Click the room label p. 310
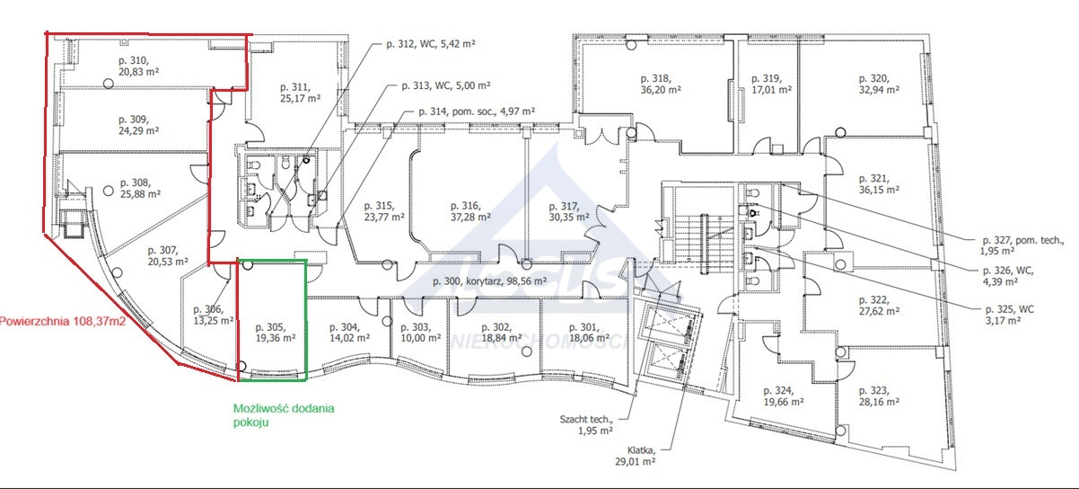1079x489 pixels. [x=134, y=61]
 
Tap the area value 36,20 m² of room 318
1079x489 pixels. [x=661, y=90]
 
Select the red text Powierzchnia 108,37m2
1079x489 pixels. [x=63, y=321]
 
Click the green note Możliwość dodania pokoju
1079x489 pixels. [x=284, y=415]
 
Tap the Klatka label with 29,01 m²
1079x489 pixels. [x=635, y=456]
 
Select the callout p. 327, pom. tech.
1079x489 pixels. [x=1023, y=240]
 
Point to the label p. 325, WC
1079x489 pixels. [x=1010, y=309]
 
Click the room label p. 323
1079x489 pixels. [x=873, y=391]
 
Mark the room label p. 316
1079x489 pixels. [x=465, y=206]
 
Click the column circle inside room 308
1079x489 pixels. [x=109, y=191]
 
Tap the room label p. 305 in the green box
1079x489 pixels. [x=270, y=327]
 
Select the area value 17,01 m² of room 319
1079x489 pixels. [x=772, y=90]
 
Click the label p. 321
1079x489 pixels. [x=873, y=179]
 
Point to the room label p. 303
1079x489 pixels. [x=416, y=327]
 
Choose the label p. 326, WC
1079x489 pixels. [x=1008, y=271]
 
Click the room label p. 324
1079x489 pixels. [x=778, y=391]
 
